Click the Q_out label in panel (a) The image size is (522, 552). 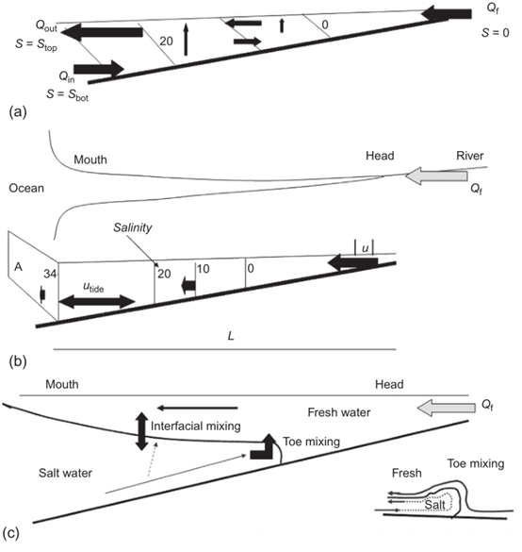pyautogui.click(x=46, y=26)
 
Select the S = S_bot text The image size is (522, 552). pyautogui.click(x=67, y=94)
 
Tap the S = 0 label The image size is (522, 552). pyautogui.click(x=495, y=33)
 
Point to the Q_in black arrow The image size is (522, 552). pyautogui.click(x=99, y=69)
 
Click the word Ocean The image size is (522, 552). pyautogui.click(x=26, y=188)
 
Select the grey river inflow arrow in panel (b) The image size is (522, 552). pyautogui.click(x=436, y=176)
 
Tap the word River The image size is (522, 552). pyautogui.click(x=469, y=156)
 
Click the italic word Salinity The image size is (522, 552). pyautogui.click(x=133, y=227)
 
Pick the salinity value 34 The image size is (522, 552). pyautogui.click(x=50, y=274)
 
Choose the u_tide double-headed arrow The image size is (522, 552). pyautogui.click(x=97, y=302)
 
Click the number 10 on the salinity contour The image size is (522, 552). pyautogui.click(x=203, y=269)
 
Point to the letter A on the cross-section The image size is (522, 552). pyautogui.click(x=18, y=267)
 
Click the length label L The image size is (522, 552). pyautogui.click(x=231, y=336)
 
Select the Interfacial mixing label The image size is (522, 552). pyautogui.click(x=195, y=426)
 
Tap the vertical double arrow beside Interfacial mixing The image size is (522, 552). pyautogui.click(x=141, y=431)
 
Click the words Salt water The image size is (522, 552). pyautogui.click(x=65, y=473)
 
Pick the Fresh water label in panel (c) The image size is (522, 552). pyautogui.click(x=339, y=412)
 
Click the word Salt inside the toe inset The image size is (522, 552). pyautogui.click(x=434, y=505)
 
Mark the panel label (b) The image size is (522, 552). pyautogui.click(x=18, y=361)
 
